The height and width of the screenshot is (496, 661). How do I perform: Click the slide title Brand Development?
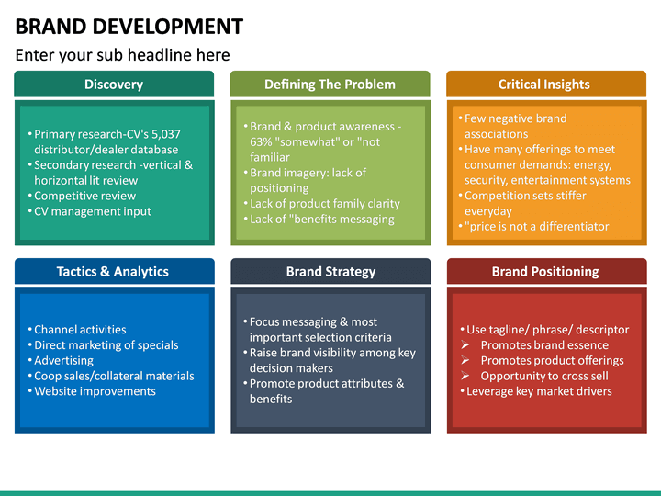(129, 26)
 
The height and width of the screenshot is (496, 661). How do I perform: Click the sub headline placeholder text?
(122, 55)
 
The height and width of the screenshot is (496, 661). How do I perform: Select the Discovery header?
(114, 85)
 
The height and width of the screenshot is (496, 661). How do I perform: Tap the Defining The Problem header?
(330, 85)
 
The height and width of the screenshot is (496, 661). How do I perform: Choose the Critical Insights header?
(544, 85)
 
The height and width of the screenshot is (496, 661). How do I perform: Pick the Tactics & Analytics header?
(113, 272)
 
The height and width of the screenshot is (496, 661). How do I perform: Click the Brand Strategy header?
(330, 272)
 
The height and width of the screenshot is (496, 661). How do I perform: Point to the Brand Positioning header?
(545, 272)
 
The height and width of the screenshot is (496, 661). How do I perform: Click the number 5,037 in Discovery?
(163, 134)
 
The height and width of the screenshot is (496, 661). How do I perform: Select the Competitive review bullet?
(84, 196)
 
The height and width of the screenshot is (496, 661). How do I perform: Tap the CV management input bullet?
(92, 211)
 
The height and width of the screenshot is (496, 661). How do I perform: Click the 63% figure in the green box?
(262, 142)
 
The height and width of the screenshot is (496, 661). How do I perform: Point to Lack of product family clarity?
(324, 204)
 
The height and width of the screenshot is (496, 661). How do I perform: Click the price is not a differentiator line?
(537, 227)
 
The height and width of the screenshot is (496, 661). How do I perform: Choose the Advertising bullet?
(63, 361)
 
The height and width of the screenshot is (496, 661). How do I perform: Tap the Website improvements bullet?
(95, 391)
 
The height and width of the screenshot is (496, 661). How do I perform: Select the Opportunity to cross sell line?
(544, 376)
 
